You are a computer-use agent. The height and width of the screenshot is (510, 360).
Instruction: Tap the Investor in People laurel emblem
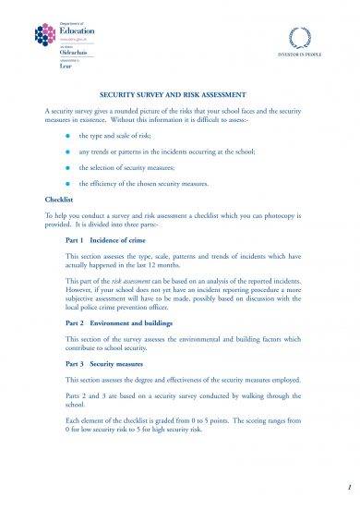[302, 38]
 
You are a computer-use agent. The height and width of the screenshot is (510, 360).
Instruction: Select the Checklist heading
[59, 199]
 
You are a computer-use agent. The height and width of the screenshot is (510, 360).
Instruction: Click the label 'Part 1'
[76, 237]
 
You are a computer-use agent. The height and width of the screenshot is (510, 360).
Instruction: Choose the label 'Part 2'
[76, 323]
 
